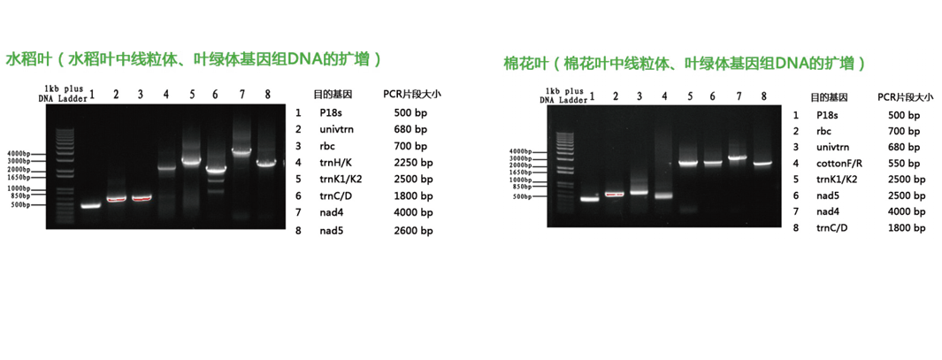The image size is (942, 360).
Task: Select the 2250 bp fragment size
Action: point(413,162)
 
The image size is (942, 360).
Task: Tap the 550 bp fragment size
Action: point(904,164)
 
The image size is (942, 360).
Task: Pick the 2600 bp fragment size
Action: point(413,231)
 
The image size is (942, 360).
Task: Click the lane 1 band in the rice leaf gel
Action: point(91,206)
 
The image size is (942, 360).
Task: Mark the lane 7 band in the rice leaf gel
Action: point(241,151)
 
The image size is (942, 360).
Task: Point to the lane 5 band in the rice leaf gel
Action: point(191,161)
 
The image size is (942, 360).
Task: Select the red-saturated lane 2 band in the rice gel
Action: point(117,199)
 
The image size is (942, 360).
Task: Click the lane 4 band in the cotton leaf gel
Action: point(664,195)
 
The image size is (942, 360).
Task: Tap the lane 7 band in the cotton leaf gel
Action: point(738,157)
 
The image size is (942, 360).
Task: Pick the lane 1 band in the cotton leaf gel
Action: point(590,199)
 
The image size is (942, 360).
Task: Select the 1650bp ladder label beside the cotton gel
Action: point(520,172)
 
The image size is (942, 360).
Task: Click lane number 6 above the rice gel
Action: point(215,95)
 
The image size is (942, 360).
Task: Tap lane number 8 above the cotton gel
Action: point(764,96)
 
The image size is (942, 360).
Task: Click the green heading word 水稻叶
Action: point(25,59)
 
